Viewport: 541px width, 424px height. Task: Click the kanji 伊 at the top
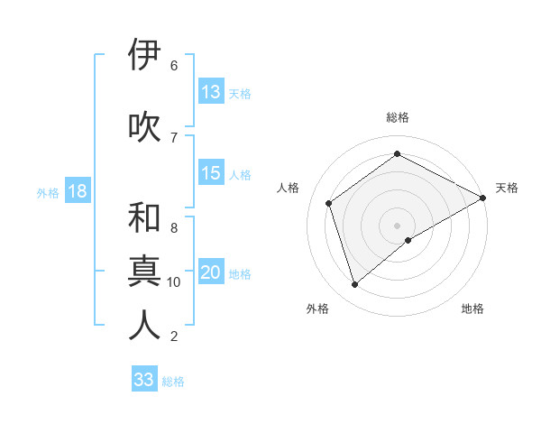(x=144, y=55)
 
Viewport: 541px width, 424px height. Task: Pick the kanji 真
(x=144, y=272)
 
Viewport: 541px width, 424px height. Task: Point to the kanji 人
(x=144, y=326)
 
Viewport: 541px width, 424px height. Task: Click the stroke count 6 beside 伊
(x=173, y=65)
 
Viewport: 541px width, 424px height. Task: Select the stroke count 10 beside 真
(x=174, y=282)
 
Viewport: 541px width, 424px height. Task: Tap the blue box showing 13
(x=211, y=92)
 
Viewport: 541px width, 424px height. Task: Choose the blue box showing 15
(x=211, y=173)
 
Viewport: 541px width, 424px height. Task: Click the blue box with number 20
(x=211, y=272)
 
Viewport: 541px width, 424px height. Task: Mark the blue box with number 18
(x=77, y=191)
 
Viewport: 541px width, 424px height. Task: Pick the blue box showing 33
(x=143, y=380)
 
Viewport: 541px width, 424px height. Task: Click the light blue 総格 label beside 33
(x=173, y=382)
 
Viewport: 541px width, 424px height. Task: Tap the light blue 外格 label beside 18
(x=47, y=192)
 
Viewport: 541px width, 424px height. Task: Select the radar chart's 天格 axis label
(x=507, y=188)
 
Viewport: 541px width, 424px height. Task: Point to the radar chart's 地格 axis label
(x=472, y=309)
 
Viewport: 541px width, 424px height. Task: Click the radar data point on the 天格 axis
(x=484, y=197)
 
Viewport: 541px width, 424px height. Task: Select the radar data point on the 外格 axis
(x=355, y=285)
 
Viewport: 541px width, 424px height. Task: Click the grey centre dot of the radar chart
(x=397, y=225)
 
